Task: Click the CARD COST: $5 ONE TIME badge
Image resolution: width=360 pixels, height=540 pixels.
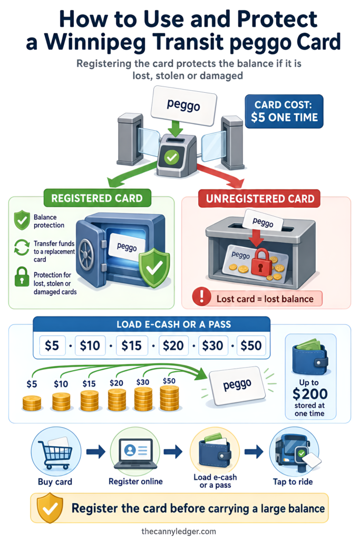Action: (284, 111)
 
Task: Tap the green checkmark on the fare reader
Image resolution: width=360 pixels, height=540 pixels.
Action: (171, 158)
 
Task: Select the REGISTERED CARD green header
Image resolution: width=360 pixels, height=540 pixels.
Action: (98, 198)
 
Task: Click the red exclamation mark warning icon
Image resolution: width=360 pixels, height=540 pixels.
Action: (202, 296)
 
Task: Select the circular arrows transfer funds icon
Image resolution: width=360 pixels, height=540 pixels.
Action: (22, 247)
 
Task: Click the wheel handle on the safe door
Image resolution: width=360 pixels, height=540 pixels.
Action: (86, 254)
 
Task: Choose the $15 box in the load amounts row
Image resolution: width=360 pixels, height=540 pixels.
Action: (131, 345)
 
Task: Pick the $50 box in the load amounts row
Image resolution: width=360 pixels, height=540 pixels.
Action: (251, 345)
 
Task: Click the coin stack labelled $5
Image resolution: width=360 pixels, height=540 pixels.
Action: (32, 403)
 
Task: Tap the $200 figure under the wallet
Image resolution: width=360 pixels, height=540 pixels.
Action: (310, 393)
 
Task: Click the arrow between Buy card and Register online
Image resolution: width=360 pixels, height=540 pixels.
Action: (96, 451)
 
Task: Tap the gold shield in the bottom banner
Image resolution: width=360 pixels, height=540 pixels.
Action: (50, 508)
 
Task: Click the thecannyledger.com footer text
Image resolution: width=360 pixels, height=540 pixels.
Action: (179, 532)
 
